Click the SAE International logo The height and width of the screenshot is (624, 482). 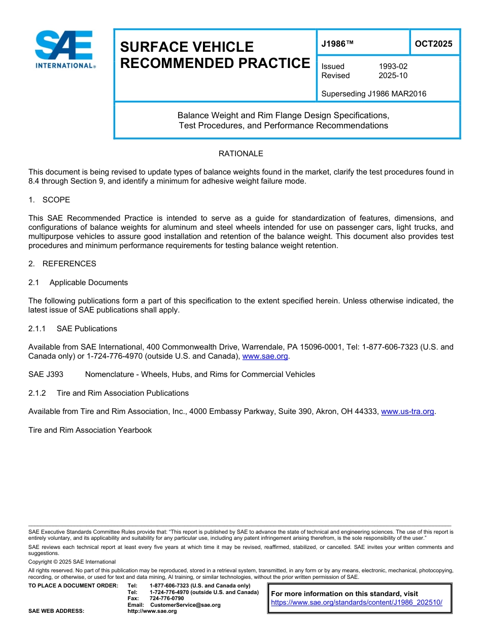[x=64, y=50]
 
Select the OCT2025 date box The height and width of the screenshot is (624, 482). [x=434, y=44]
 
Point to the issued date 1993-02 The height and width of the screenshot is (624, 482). [x=393, y=66]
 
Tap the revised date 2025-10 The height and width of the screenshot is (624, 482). [x=393, y=76]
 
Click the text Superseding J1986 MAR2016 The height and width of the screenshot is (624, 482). [x=373, y=93]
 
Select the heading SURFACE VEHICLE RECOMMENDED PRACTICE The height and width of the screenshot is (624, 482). [x=214, y=55]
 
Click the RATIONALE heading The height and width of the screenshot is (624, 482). [x=240, y=154]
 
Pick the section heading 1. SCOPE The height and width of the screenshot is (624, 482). [x=49, y=200]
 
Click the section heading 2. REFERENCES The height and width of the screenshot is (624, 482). [x=62, y=264]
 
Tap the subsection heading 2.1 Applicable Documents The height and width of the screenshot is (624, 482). [x=78, y=283]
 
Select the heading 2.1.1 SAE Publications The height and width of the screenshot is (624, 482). [x=73, y=329]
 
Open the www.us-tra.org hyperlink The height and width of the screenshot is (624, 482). [x=407, y=411]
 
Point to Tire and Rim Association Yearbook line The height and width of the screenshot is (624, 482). [x=90, y=430]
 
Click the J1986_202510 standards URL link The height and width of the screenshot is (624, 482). [x=357, y=602]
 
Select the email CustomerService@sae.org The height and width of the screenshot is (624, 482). [x=185, y=605]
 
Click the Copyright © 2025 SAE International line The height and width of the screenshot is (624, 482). [x=72, y=562]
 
